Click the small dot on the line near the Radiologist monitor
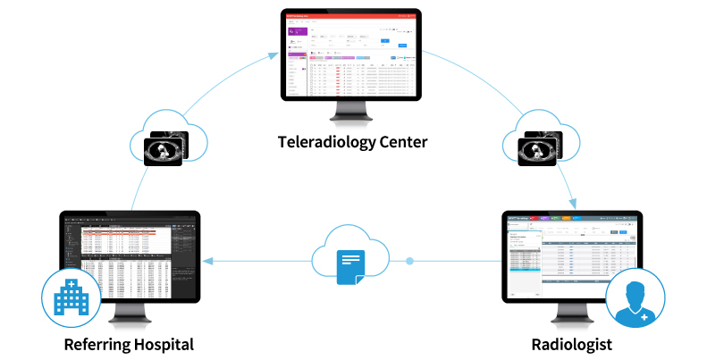tap(410, 262)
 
